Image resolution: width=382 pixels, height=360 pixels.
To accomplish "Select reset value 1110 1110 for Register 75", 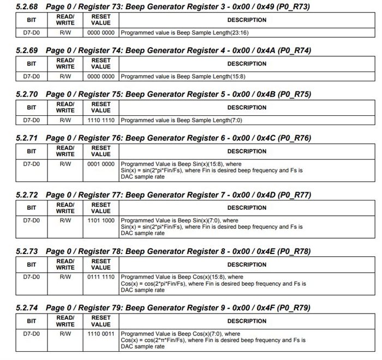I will tap(100, 119).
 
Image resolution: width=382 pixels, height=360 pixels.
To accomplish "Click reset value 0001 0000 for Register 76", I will tap(100, 163).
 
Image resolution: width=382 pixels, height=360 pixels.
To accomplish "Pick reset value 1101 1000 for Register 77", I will tap(100, 220).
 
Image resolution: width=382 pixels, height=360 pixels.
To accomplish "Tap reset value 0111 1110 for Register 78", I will tap(100, 277).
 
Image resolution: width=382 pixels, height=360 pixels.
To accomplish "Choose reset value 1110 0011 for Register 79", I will tap(100, 333).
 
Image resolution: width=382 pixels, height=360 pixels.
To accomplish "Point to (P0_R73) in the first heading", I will tap(294, 6).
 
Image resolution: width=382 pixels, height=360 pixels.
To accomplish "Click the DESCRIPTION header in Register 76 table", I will tap(247, 151).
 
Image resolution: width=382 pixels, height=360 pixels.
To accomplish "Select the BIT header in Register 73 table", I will tap(32, 20).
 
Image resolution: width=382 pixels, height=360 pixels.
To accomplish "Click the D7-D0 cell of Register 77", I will tap(32, 220).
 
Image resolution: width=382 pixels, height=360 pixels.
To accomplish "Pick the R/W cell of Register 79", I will tap(65, 333).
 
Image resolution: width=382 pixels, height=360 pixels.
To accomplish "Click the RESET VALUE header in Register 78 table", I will tap(100, 264).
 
